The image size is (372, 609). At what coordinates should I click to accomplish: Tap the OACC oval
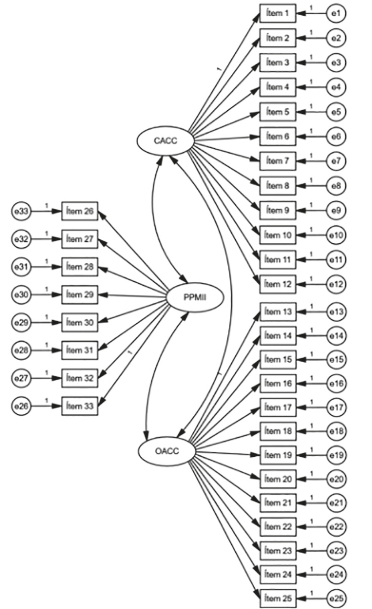167,450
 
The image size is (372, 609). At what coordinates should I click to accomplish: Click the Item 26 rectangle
81,211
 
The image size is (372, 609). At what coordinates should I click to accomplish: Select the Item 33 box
81,405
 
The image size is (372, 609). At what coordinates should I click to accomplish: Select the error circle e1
336,13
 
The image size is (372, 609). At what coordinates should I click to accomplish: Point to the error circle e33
21,211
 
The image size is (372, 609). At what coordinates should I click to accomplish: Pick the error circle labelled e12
336,284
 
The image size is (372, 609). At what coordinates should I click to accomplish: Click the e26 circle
21,405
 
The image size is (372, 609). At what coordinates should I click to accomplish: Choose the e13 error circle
336,313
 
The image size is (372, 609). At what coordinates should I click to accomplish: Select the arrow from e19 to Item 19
311,455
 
